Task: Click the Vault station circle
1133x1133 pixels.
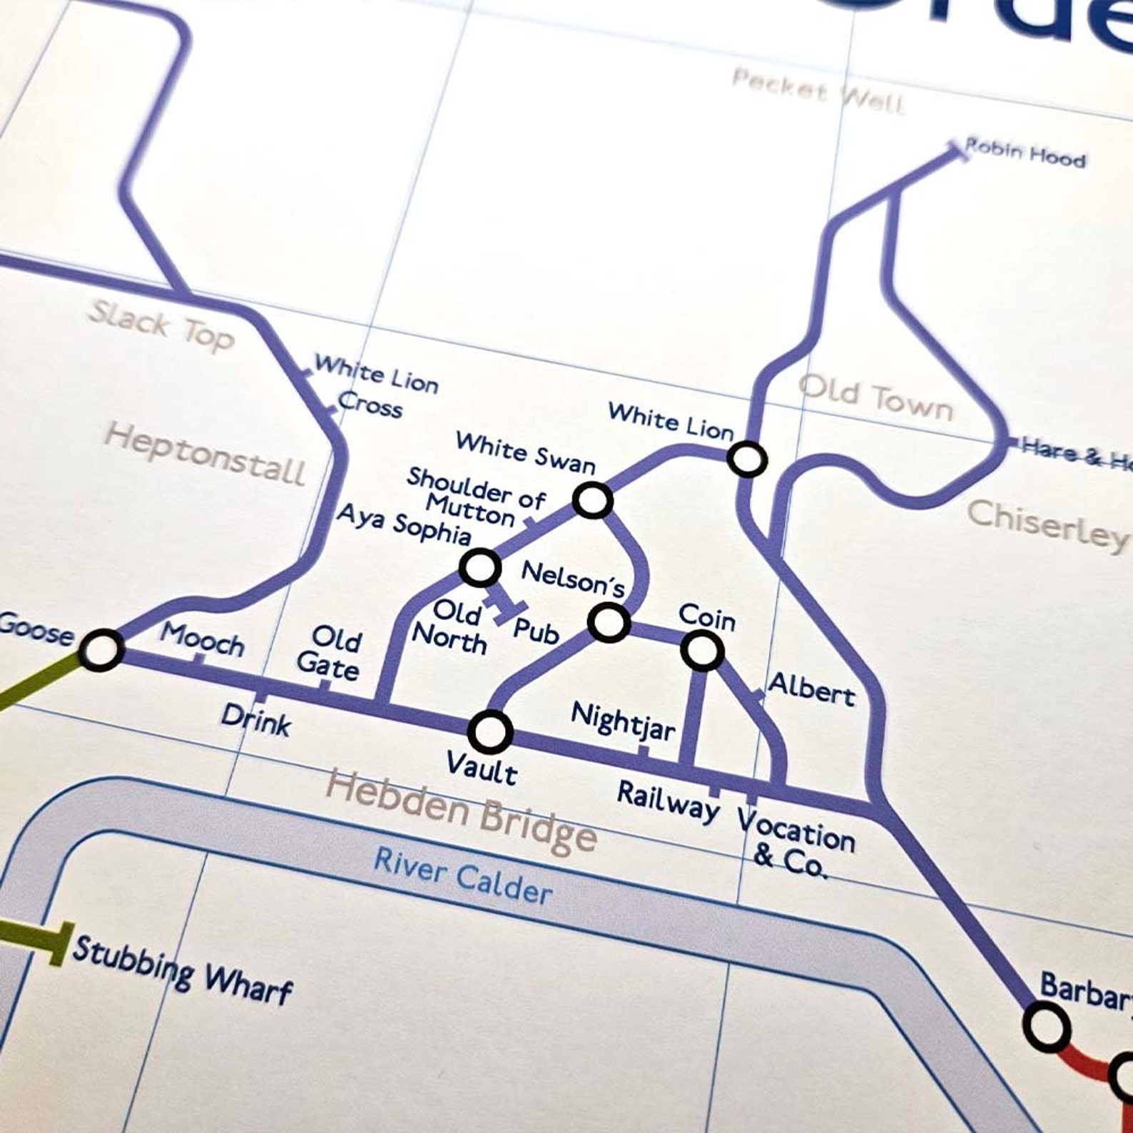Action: (490, 732)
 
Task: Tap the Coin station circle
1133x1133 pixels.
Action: (702, 650)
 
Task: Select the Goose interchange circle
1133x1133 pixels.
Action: (101, 650)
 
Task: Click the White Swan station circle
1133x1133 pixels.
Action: (592, 499)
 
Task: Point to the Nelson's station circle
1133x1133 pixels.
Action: (609, 621)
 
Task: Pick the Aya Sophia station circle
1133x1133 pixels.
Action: (479, 568)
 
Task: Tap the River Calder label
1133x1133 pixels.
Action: (462, 876)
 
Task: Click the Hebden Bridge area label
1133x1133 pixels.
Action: (461, 811)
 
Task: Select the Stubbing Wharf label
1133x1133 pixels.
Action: (183, 969)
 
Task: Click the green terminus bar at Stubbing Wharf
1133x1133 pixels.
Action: (64, 943)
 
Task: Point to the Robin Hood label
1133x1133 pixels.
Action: (1025, 153)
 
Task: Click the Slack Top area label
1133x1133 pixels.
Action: (161, 325)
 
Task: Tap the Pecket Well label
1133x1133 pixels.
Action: (818, 91)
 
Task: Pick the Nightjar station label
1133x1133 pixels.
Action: (623, 721)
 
